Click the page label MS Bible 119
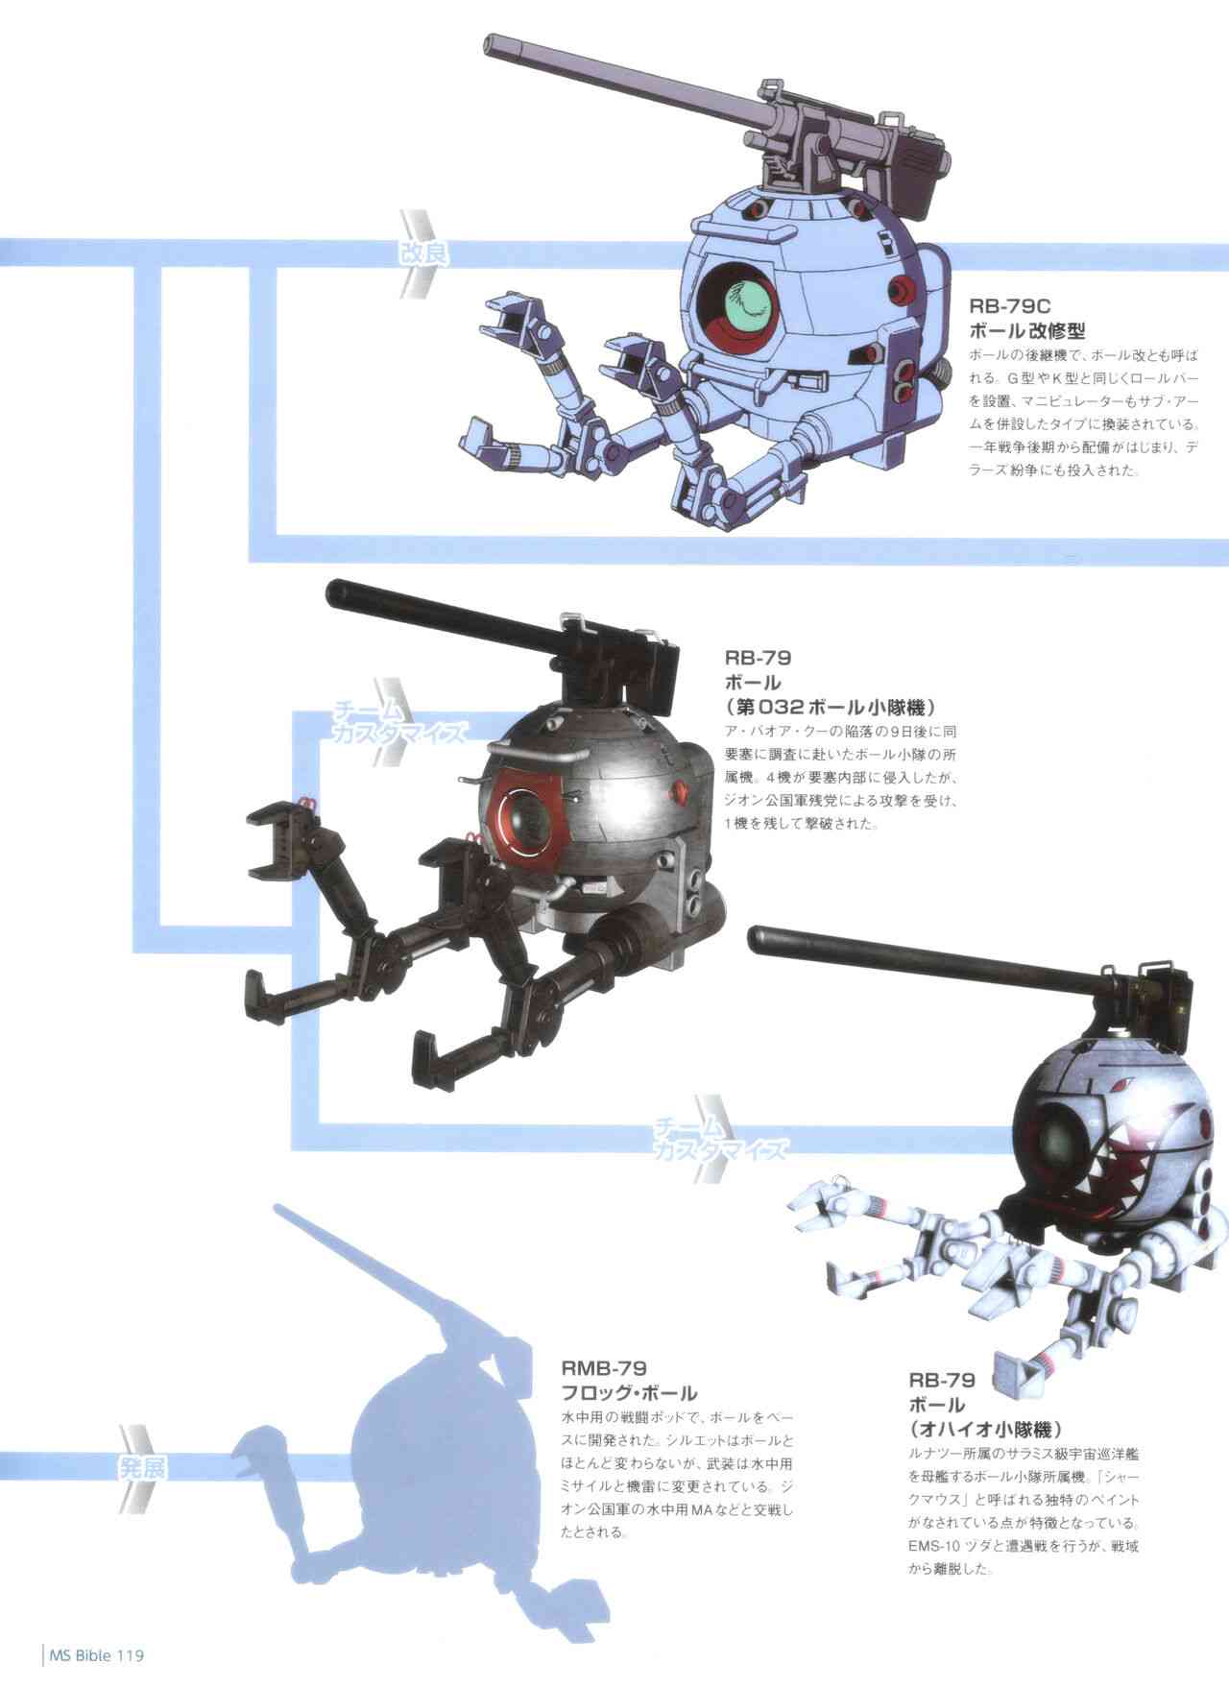[94, 1654]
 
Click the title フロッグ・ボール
[629, 1393]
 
